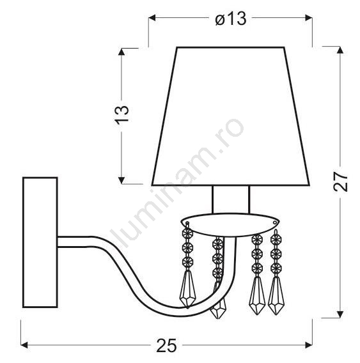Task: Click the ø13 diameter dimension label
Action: (230, 19)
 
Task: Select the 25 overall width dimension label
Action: (166, 345)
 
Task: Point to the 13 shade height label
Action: (122, 115)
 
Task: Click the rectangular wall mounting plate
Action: (40, 242)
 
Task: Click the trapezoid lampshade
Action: (231, 116)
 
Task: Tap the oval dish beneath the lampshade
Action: (230, 224)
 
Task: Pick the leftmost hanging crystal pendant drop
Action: (187, 289)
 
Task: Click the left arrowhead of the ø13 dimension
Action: (152, 18)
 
